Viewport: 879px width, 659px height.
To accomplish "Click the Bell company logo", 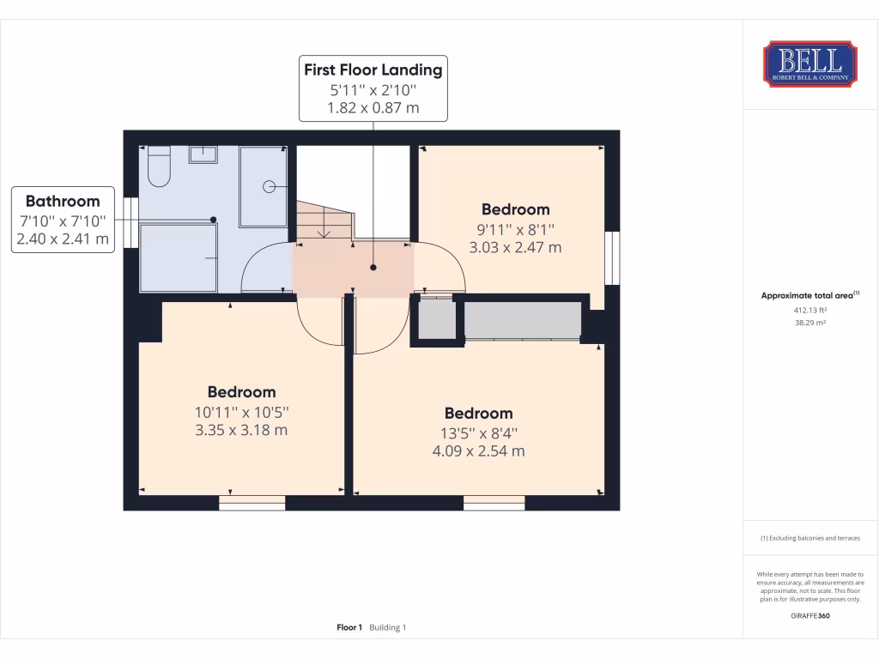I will pos(809,63).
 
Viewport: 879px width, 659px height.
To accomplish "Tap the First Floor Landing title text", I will pos(373,70).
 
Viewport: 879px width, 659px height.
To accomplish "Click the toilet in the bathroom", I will pos(159,166).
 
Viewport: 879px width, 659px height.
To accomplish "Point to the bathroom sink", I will pos(203,154).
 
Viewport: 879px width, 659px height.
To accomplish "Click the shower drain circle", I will pos(269,185).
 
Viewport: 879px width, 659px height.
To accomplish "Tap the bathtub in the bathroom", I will pos(179,257).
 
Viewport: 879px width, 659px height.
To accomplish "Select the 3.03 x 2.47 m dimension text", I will pos(515,248).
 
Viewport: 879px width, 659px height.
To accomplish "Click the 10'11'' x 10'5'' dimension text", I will pos(241,411).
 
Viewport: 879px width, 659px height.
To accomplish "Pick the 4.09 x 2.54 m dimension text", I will pos(478,450).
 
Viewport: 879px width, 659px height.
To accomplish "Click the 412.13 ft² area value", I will pos(809,311).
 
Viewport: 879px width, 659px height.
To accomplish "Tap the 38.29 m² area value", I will pos(809,323).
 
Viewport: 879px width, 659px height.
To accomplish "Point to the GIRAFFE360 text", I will pos(809,615).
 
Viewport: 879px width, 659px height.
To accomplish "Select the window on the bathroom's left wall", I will pos(130,223).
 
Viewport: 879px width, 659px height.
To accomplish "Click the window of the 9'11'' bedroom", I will pos(611,257).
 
